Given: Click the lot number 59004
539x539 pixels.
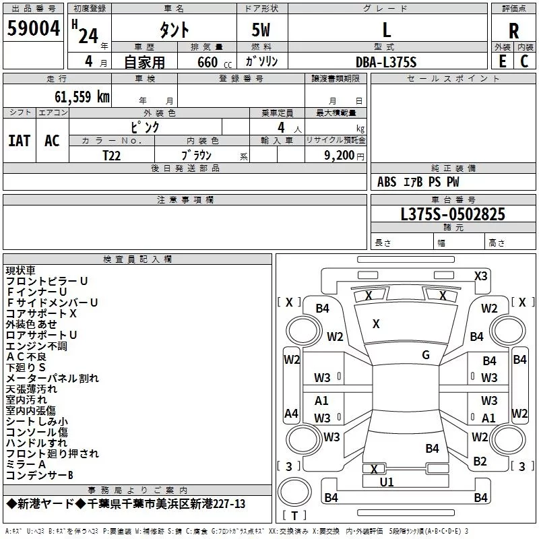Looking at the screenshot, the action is (x=33, y=28).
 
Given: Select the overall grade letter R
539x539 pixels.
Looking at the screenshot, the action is (x=513, y=30).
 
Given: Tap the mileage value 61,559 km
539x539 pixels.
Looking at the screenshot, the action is (x=82, y=97).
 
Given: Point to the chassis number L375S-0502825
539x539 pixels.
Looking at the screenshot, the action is (x=453, y=214).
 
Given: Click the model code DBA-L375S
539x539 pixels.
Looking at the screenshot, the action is (x=386, y=62).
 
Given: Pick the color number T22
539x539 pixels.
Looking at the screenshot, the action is (x=111, y=156).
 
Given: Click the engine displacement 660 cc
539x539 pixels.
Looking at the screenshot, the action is (x=214, y=63).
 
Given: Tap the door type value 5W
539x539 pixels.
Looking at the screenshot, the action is (x=261, y=30).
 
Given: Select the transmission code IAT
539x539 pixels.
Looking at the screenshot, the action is (x=20, y=141).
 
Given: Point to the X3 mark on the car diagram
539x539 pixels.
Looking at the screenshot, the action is (x=480, y=276).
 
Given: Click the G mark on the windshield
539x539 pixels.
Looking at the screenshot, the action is (x=426, y=355).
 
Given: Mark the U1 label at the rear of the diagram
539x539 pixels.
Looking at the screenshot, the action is (x=387, y=482).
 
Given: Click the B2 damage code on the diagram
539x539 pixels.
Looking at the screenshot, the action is (x=480, y=462).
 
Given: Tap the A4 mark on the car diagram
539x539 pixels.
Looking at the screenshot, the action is (x=291, y=413).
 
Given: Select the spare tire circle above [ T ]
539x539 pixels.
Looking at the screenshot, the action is (x=294, y=492).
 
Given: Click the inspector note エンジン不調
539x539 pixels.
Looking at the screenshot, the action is (x=36, y=346).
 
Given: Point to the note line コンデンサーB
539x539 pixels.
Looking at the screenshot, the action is (x=40, y=476).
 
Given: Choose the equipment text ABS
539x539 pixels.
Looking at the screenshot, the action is (x=387, y=182).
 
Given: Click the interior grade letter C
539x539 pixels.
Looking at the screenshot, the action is (x=524, y=61).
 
